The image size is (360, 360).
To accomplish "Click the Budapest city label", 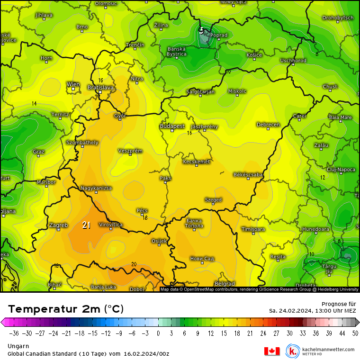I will [x=172, y=126].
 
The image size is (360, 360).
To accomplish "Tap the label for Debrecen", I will [x=268, y=125].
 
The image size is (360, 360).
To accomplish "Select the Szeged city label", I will [x=213, y=200].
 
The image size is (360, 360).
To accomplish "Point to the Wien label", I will [x=73, y=84].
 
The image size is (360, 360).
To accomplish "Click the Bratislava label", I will [x=100, y=88].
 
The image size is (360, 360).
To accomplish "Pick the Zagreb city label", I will [x=58, y=225].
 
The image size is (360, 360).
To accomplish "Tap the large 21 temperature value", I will [x=86, y=225].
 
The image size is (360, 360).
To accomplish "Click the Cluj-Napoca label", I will [x=341, y=169].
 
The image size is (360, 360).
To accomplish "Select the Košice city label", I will [x=254, y=55].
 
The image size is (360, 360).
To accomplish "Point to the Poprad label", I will [x=219, y=35].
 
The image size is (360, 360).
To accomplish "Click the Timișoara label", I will [x=252, y=229].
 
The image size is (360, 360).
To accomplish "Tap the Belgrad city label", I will [x=225, y=284].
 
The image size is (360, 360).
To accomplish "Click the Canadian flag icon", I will [x=271, y=351].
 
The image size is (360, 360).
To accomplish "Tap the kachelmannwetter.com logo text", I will [x=328, y=349].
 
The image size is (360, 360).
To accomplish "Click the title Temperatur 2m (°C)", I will [x=66, y=309].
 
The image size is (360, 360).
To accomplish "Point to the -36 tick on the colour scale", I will [x=14, y=333].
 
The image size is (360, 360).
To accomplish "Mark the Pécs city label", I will [x=142, y=210].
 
